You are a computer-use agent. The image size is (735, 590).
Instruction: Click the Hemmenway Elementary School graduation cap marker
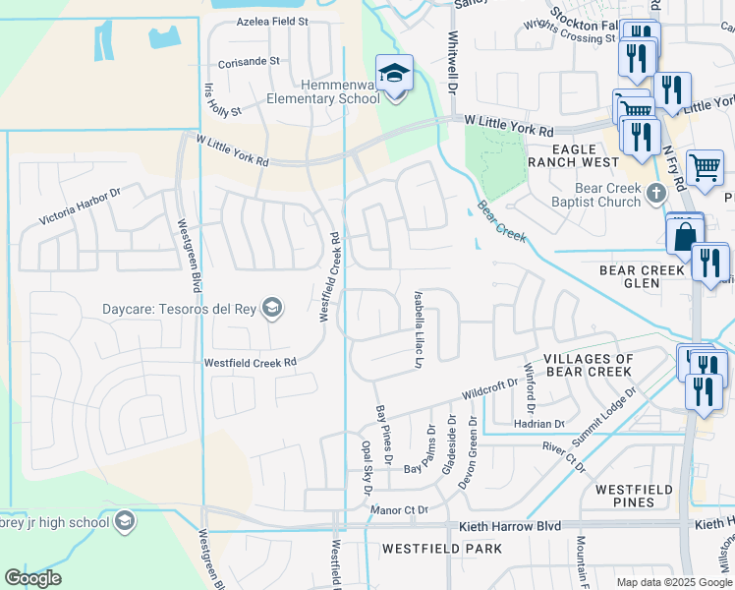pyautogui.click(x=394, y=73)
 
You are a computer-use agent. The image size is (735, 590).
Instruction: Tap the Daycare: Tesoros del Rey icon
pyautogui.click(x=272, y=309)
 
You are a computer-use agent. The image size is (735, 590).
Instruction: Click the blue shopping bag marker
pyautogui.click(x=684, y=236)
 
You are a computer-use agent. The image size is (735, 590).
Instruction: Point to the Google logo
pyautogui.click(x=32, y=577)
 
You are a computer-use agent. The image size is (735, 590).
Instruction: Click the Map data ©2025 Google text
pyautogui.click(x=673, y=582)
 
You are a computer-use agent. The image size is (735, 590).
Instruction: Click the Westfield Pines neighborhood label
pyautogui.click(x=632, y=496)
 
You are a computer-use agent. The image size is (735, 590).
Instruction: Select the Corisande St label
pyautogui.click(x=250, y=61)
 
